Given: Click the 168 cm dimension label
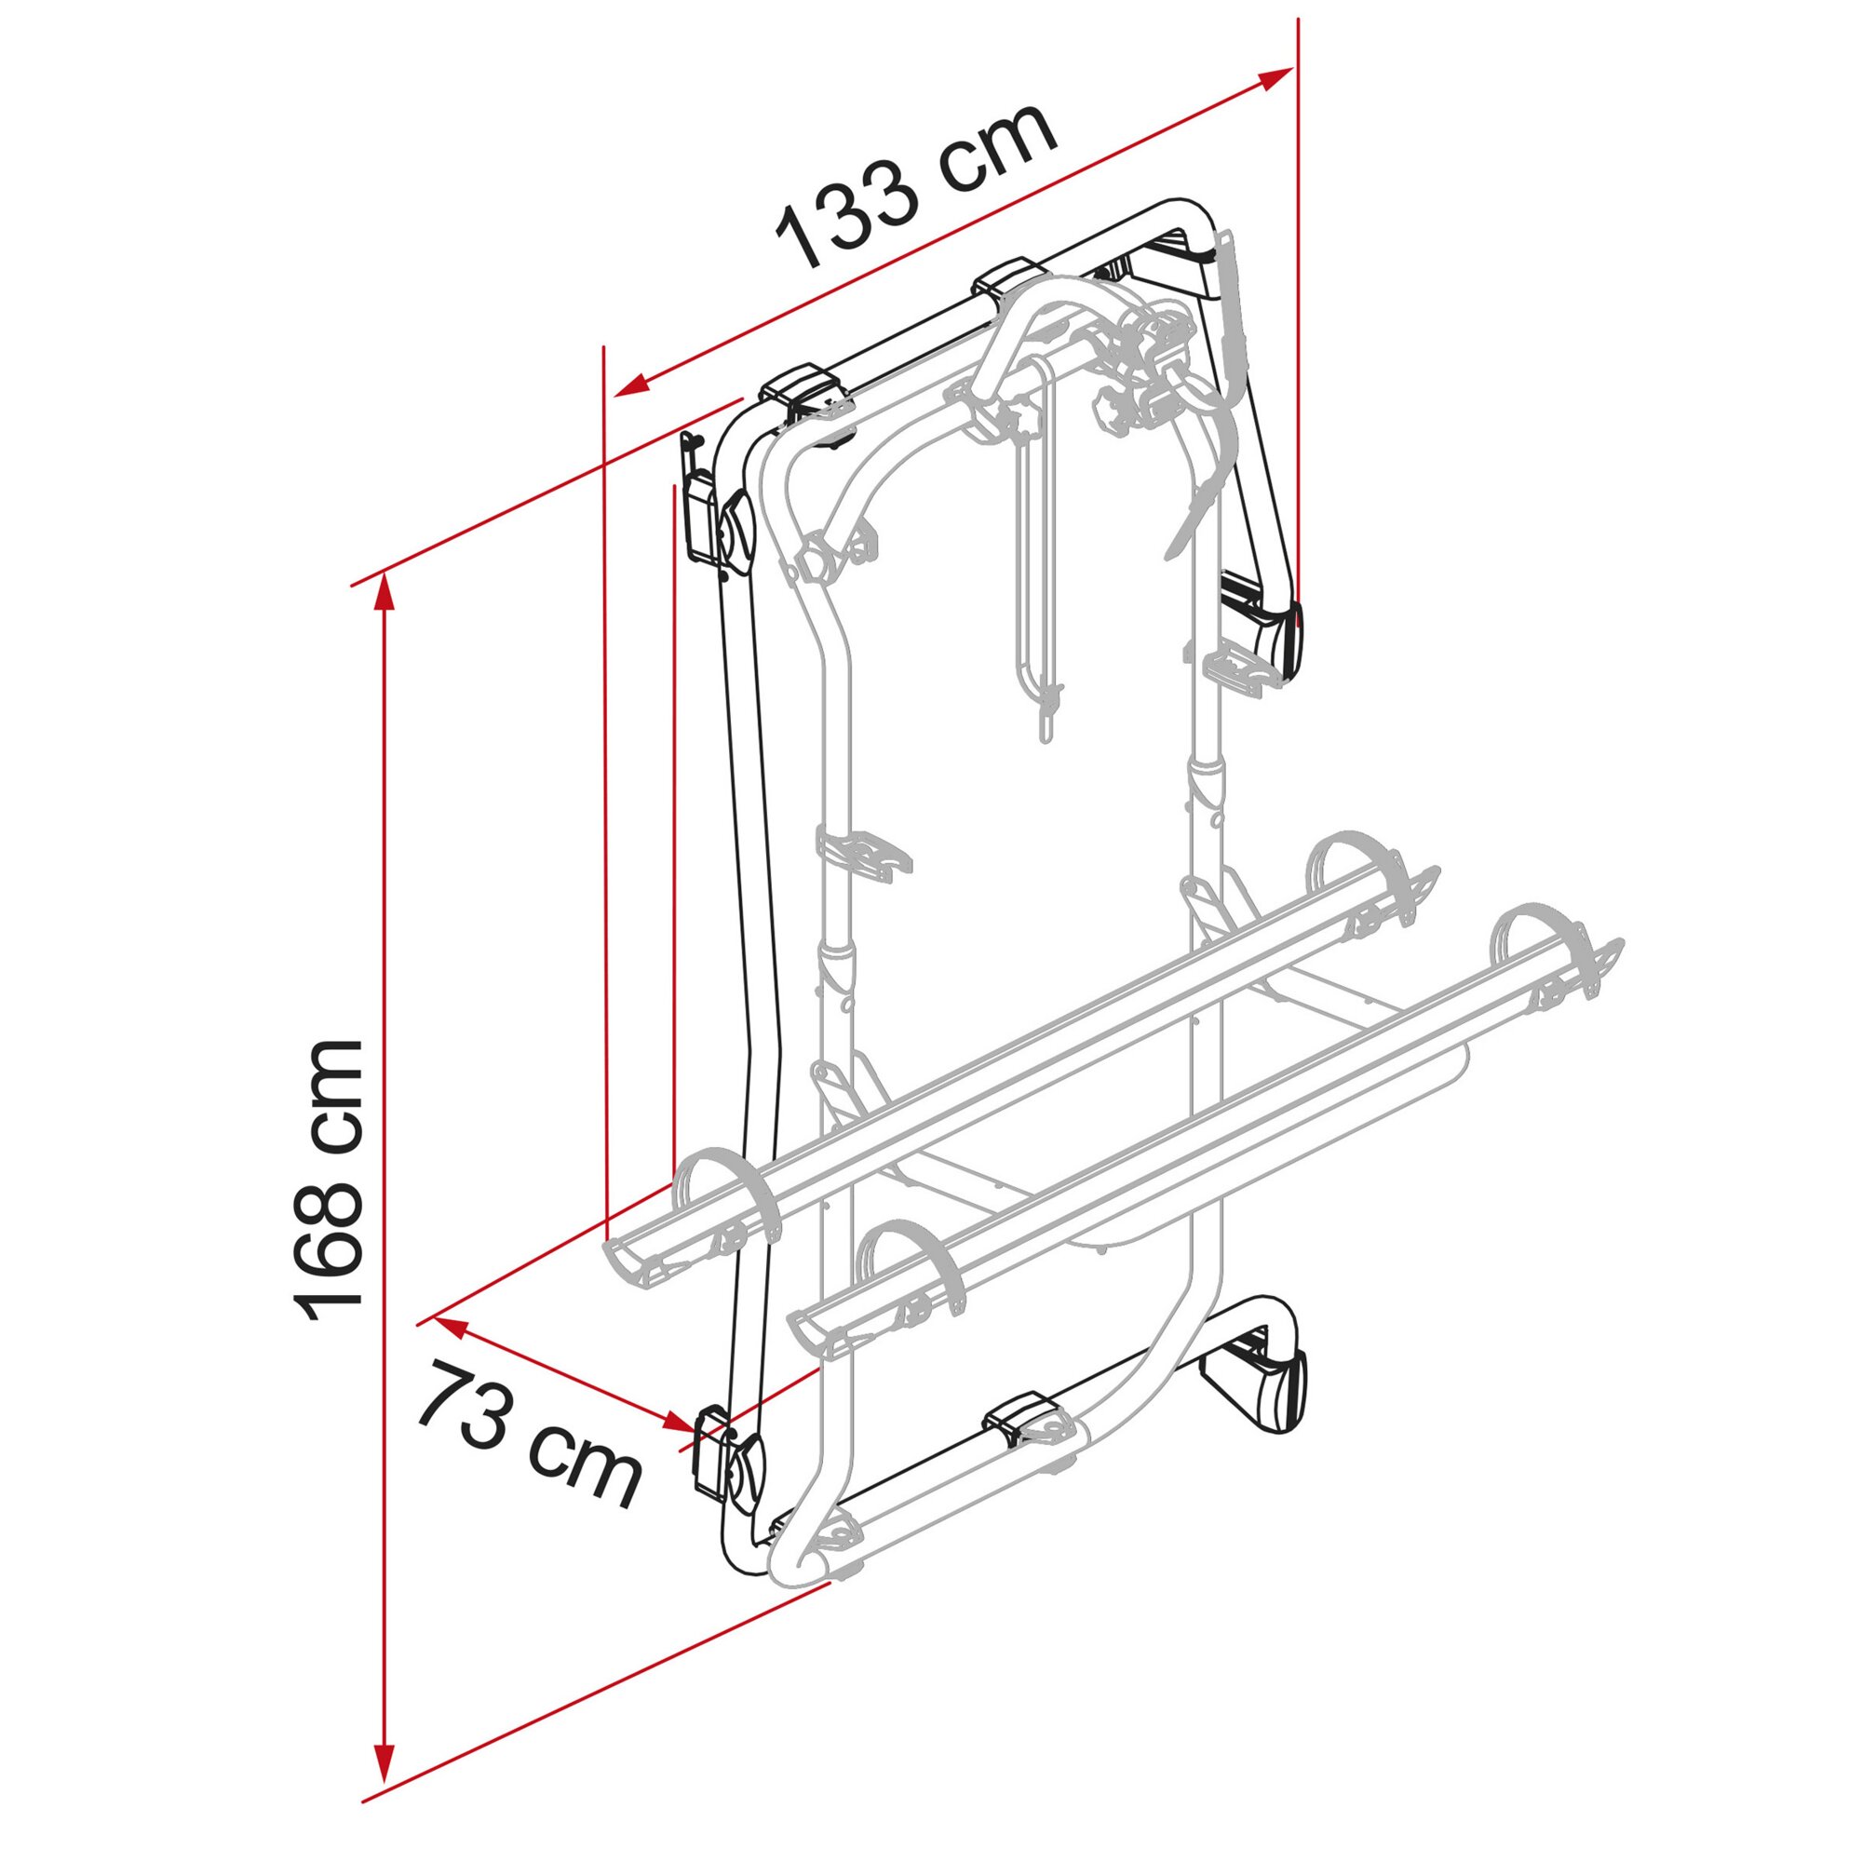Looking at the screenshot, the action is point(328,1181).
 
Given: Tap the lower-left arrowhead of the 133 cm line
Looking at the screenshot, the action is point(631,385).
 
